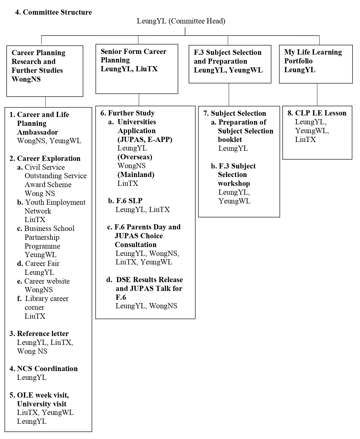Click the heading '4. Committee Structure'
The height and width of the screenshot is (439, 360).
click(x=54, y=12)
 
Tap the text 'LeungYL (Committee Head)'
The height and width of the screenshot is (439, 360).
click(x=181, y=21)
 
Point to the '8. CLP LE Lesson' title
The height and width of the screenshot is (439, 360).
click(x=317, y=113)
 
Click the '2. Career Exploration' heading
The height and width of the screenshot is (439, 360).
click(x=45, y=158)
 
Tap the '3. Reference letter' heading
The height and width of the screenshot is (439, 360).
click(x=39, y=334)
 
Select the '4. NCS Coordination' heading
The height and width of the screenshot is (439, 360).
click(x=44, y=369)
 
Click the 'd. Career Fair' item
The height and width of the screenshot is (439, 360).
click(x=38, y=264)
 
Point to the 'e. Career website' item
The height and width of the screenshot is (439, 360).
click(x=43, y=281)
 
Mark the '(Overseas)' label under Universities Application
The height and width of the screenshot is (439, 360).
click(x=135, y=157)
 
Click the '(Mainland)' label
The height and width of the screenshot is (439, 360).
click(x=136, y=175)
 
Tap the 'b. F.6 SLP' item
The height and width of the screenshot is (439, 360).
click(x=125, y=201)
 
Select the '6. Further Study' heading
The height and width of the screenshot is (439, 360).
click(x=128, y=113)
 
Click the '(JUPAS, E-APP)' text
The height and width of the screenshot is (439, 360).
click(x=145, y=140)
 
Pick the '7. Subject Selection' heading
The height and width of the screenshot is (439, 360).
click(x=235, y=113)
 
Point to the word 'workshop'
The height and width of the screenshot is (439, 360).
click(x=234, y=184)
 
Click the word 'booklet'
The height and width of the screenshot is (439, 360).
click(x=230, y=140)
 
